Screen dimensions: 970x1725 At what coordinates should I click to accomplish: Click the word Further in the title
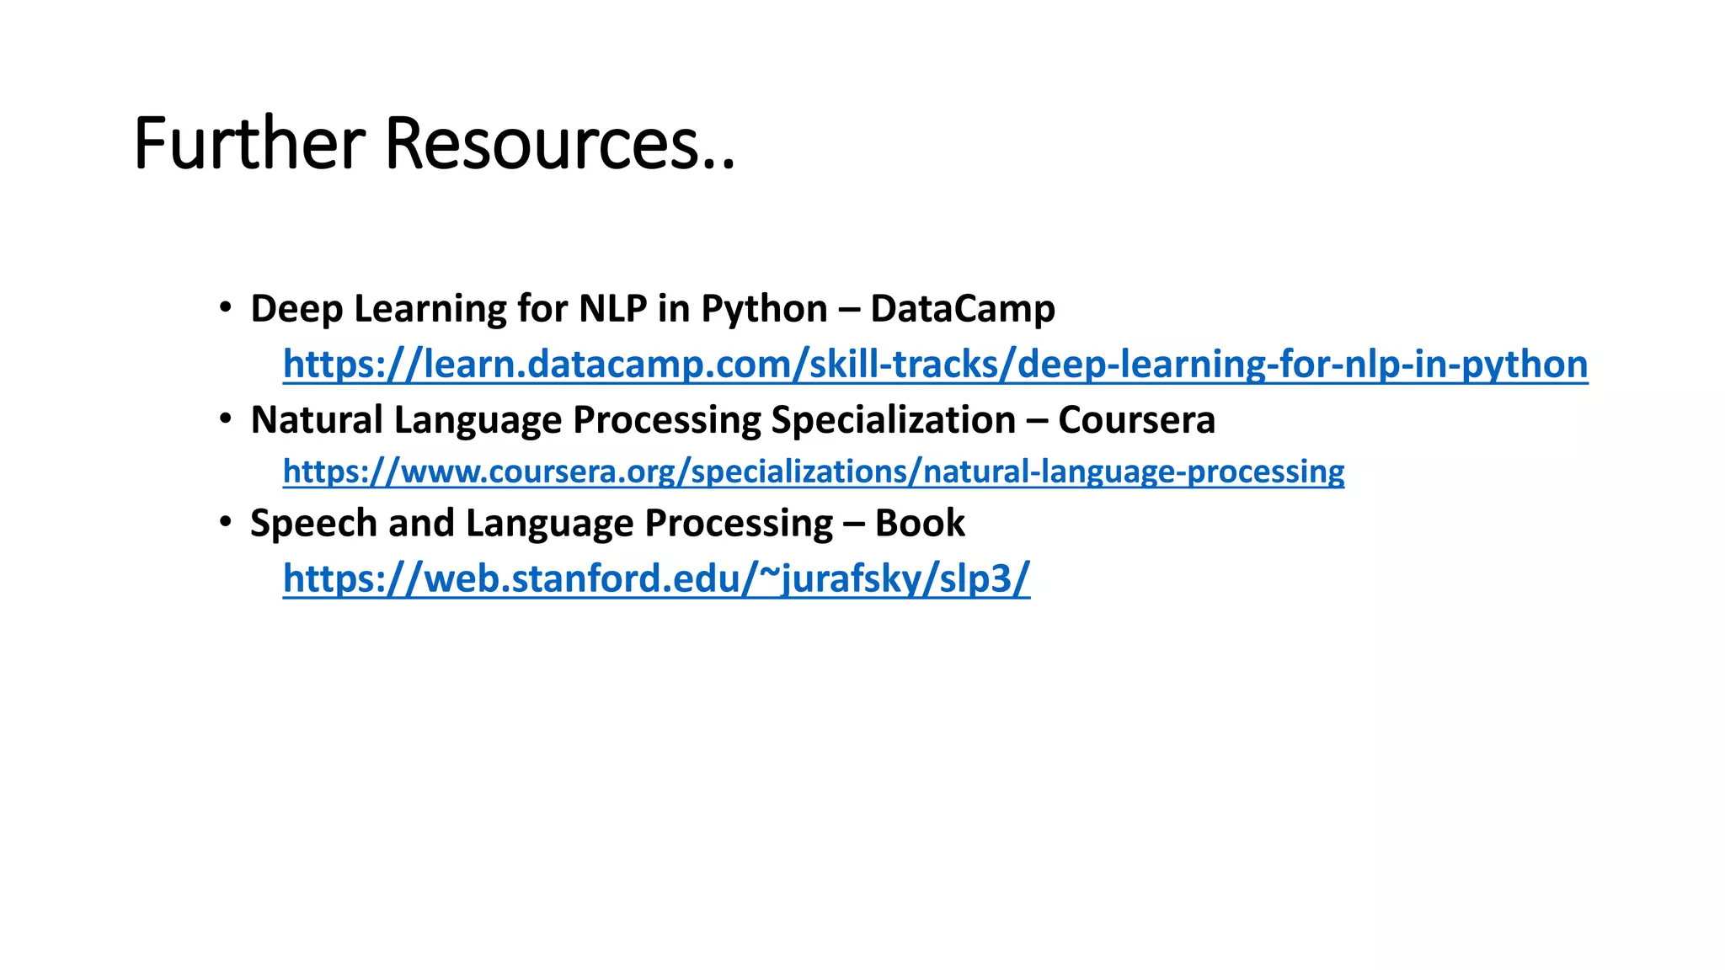(x=249, y=144)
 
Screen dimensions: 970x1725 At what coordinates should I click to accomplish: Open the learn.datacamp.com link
(x=935, y=365)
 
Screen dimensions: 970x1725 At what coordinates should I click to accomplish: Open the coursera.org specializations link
(x=813, y=472)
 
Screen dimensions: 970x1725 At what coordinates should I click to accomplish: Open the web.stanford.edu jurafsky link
(x=656, y=578)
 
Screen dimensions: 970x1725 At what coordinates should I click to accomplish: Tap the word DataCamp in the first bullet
(x=962, y=309)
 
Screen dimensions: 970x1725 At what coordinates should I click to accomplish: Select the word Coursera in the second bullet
(x=1136, y=420)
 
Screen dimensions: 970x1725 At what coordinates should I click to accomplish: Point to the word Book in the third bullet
(x=920, y=524)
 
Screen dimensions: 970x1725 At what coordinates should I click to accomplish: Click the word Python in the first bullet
(x=764, y=309)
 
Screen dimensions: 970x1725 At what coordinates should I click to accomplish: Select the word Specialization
(x=893, y=420)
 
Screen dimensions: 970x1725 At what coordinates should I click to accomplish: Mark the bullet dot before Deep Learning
(x=225, y=307)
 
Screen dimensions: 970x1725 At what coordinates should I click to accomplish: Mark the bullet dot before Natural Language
(x=225, y=418)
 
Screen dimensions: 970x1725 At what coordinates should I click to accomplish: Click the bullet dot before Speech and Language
(x=225, y=522)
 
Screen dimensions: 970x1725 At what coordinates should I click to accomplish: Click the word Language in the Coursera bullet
(x=478, y=420)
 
